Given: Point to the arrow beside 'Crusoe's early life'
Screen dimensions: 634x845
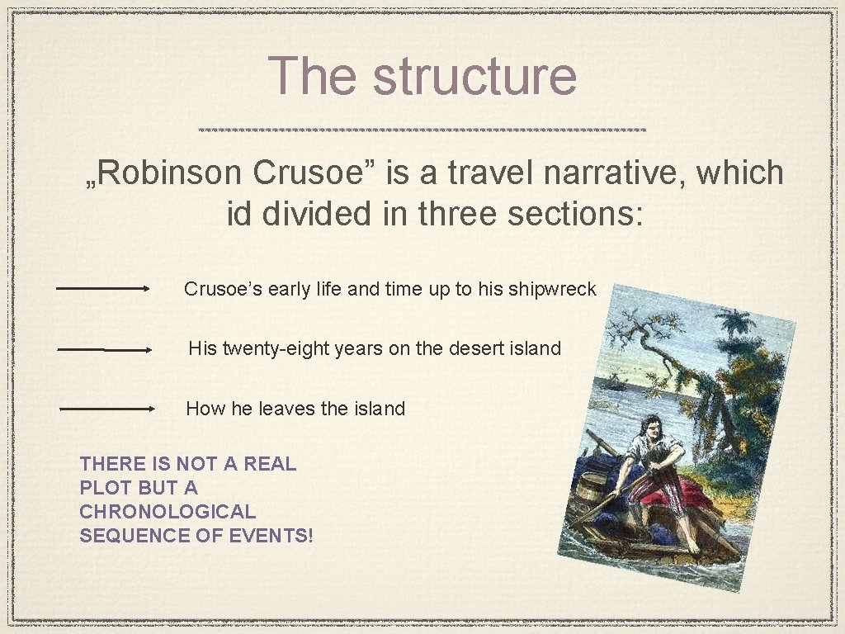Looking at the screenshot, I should [102, 289].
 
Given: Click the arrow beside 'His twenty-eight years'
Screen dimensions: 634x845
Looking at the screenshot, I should [105, 350].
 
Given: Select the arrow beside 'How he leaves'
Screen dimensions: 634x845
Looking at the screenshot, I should [107, 409].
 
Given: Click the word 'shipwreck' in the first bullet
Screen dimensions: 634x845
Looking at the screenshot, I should [553, 289].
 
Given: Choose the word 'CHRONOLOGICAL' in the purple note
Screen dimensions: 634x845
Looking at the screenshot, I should [168, 512].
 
